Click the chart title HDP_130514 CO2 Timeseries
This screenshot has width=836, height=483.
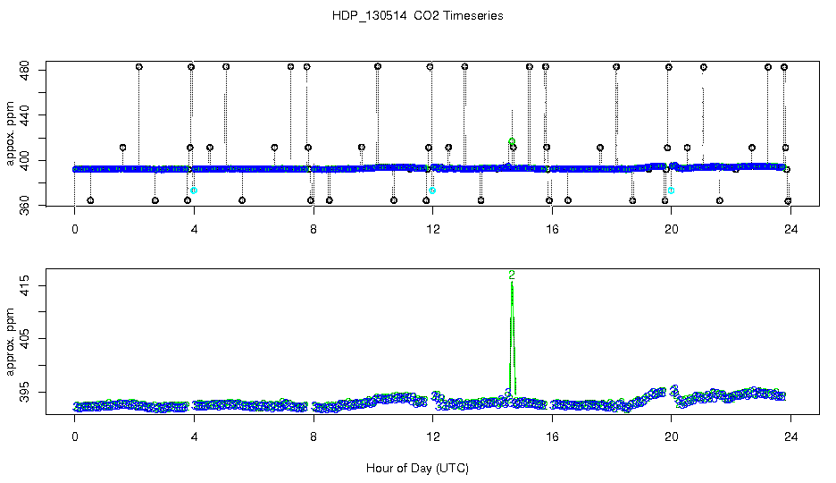click(417, 16)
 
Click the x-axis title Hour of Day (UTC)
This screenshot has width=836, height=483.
click(417, 468)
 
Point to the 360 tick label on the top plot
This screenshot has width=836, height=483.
click(27, 207)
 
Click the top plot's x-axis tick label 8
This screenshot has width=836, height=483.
click(313, 228)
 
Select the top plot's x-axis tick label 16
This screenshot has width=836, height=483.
click(551, 228)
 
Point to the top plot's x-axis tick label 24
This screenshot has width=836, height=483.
click(790, 228)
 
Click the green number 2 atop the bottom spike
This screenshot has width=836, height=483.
click(512, 275)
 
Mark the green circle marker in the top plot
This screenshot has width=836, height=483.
click(512, 141)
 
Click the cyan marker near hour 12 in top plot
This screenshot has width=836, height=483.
click(432, 191)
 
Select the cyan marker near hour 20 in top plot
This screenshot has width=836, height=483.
click(672, 191)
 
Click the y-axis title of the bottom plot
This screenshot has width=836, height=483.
click(11, 340)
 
